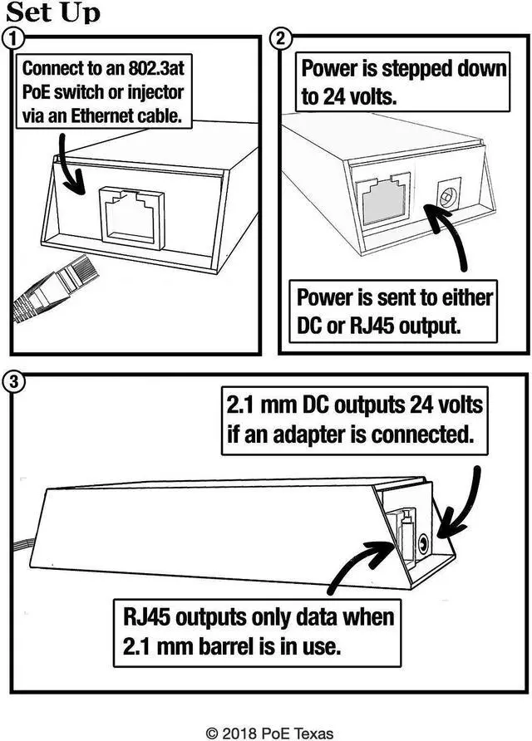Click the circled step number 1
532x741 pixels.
point(12,37)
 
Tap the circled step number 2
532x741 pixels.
point(281,37)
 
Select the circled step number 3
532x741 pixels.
point(12,382)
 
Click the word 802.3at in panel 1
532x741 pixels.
point(155,69)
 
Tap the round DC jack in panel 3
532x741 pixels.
point(423,544)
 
